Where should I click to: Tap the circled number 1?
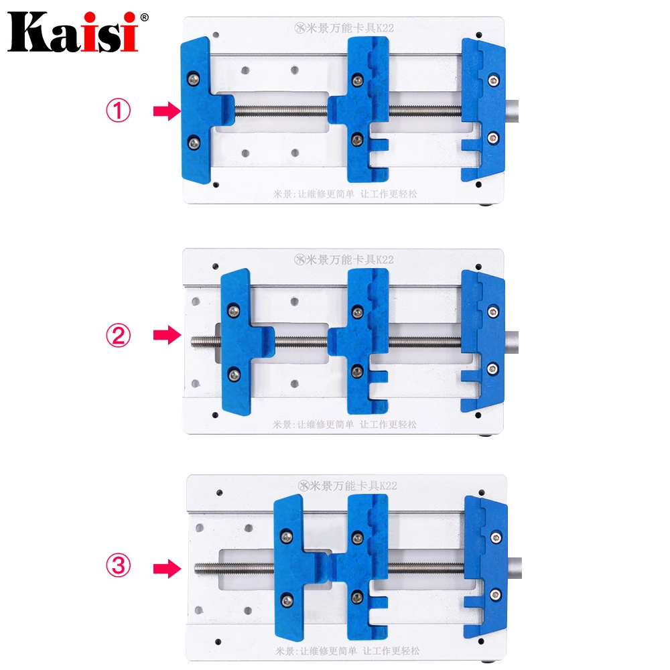(x=119, y=111)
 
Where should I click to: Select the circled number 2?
(x=119, y=335)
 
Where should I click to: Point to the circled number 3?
(x=119, y=568)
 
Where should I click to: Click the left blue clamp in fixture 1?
(x=198, y=111)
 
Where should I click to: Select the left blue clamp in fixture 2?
(x=238, y=342)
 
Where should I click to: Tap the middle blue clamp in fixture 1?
(x=365, y=111)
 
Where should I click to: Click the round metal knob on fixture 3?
(x=515, y=568)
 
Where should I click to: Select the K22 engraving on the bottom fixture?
(x=387, y=484)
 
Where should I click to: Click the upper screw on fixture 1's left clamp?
(x=194, y=78)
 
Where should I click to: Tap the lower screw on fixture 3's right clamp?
(x=496, y=592)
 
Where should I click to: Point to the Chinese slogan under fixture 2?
(x=344, y=424)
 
